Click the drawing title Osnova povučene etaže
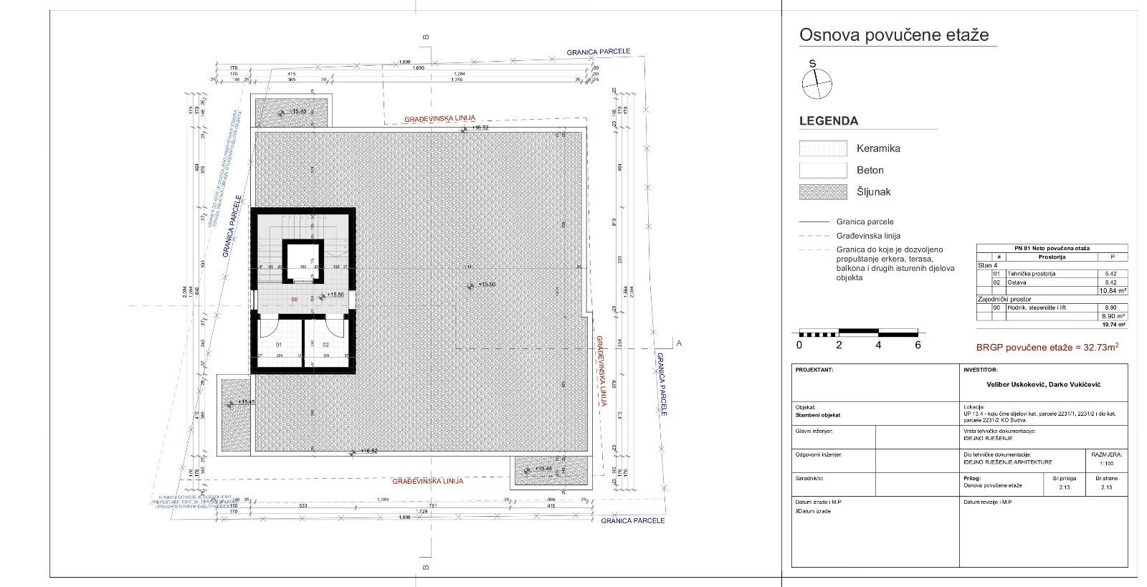894,35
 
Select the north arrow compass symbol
817,84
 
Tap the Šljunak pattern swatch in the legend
823,192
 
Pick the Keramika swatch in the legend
823,148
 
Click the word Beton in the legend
870,171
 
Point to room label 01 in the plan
279,345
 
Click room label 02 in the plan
325,345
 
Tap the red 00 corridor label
294,300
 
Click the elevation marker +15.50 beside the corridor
335,295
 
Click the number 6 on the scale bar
918,345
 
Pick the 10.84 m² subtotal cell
1112,291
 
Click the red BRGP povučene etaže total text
1047,348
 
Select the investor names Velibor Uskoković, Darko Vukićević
1043,385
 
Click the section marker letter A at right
679,343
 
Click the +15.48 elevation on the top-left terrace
299,112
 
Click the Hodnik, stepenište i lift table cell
1036,307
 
